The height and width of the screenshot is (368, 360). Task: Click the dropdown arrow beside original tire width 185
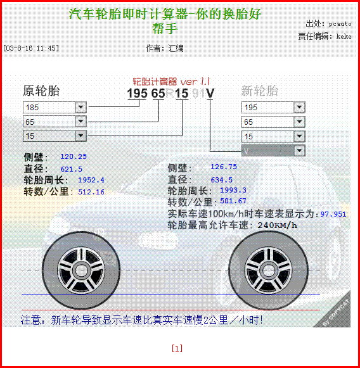coord(80,107)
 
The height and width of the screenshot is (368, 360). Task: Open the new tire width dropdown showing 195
coord(273,107)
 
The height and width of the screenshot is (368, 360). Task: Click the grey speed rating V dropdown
coord(273,151)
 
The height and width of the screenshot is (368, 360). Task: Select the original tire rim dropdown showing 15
coord(55,136)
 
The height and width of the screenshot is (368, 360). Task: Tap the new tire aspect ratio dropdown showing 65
coord(273,122)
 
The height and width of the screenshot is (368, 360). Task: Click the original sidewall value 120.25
coord(74,156)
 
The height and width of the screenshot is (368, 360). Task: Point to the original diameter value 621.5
coord(72,169)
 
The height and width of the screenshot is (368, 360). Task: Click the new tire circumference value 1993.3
coord(233,190)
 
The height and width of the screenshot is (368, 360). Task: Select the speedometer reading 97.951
coord(333,214)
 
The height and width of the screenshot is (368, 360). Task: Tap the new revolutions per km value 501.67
coord(233,201)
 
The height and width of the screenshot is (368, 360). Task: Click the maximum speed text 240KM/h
coord(278,225)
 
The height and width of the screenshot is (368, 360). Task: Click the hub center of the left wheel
coord(81,270)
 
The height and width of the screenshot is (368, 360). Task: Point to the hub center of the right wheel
coord(268,270)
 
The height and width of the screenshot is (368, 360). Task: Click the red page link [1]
coord(177,348)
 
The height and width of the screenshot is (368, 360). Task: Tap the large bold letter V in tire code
coord(210,93)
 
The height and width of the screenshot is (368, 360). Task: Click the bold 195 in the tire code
coord(137,93)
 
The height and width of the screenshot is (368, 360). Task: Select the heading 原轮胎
coord(41,91)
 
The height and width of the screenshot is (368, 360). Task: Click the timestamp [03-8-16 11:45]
coord(31,48)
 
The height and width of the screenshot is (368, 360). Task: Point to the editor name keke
coord(344,37)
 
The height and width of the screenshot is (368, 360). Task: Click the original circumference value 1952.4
coord(91,180)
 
